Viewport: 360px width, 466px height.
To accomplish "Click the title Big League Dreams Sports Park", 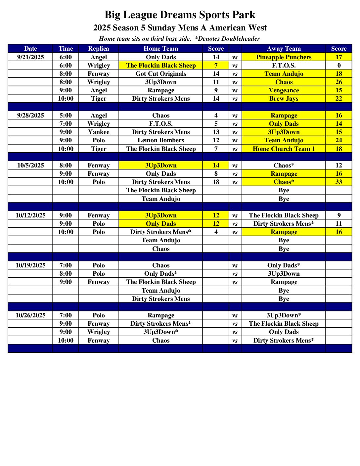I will tap(180, 15).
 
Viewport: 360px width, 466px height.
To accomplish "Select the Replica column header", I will tap(99, 49).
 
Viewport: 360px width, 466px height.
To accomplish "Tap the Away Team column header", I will tap(284, 49).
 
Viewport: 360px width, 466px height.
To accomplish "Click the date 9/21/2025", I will tap(30, 57).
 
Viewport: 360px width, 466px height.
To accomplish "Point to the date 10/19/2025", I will tap(30, 265).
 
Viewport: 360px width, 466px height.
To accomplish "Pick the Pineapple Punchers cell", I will tap(284, 57).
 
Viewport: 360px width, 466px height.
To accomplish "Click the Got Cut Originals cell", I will tap(161, 73).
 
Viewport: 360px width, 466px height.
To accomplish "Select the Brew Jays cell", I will tap(284, 98).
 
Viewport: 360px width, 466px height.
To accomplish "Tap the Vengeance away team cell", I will tap(284, 90).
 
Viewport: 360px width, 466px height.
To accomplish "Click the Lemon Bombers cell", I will tap(161, 140).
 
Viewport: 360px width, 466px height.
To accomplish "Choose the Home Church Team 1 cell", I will tap(284, 149).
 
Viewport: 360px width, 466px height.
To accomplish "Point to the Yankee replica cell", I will tap(99, 132).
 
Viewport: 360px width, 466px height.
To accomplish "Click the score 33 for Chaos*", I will tap(338, 182).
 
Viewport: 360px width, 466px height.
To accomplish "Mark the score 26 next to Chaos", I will tap(338, 82).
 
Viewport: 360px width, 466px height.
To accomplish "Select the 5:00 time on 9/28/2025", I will tap(66, 115).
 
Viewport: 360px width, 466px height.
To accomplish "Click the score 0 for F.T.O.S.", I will tap(338, 65).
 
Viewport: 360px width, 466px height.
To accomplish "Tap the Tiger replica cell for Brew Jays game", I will tap(99, 98).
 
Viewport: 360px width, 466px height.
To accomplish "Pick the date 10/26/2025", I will tap(30, 315).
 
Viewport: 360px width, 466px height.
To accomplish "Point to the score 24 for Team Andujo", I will tap(338, 140).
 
